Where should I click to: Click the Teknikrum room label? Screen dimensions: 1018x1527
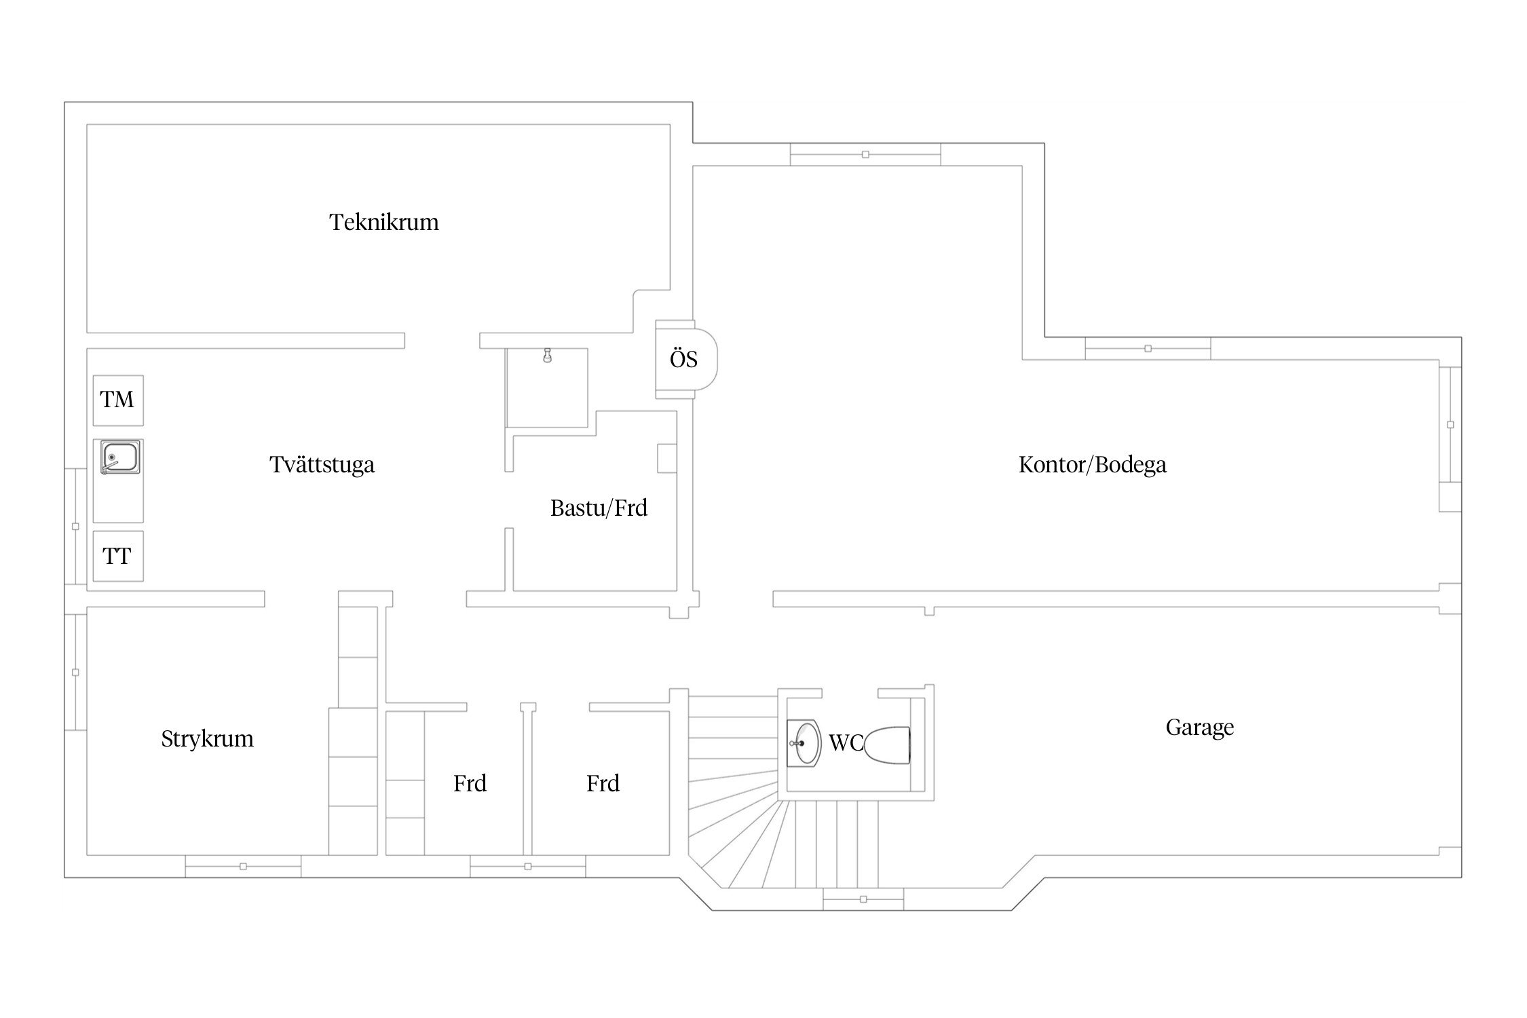[384, 223]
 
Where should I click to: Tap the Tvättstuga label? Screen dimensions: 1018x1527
[322, 465]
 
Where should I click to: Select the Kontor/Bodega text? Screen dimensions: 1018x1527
[1092, 465]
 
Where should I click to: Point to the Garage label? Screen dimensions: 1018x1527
[1199, 728]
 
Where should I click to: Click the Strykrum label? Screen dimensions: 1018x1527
[207, 738]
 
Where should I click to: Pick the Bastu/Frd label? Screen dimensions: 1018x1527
[599, 508]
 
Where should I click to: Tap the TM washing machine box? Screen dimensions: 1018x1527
[118, 400]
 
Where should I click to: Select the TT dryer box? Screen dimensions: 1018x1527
[118, 557]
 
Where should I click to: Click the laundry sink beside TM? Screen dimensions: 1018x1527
[120, 457]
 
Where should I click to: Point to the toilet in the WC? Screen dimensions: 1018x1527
[888, 745]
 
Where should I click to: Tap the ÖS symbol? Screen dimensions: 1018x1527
[683, 359]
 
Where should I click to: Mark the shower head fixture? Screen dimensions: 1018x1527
[547, 355]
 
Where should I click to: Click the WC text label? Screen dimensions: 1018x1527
[846, 743]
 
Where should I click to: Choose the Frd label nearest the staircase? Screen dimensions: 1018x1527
[603, 784]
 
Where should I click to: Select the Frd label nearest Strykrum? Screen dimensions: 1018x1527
[470, 784]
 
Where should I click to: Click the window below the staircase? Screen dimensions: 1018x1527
[863, 899]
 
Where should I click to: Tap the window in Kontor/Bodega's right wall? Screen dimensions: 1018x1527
[1450, 425]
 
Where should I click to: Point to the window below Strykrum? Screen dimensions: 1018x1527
[243, 866]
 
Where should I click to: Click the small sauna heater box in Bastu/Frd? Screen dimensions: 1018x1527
[666, 458]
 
